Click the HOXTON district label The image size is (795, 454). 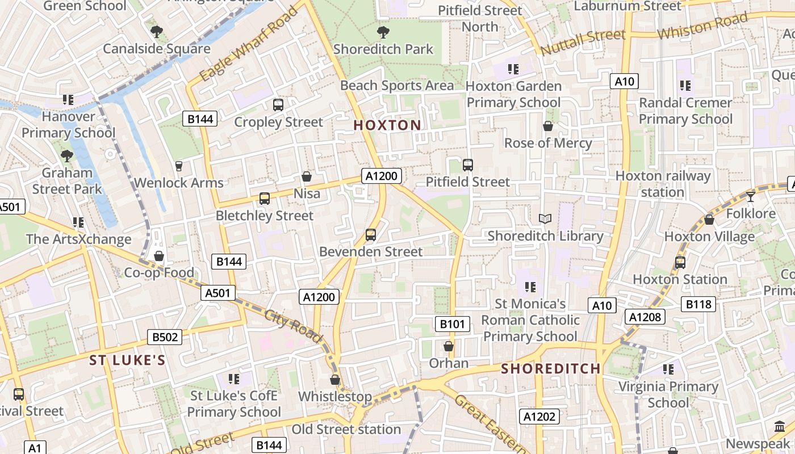pos(387,125)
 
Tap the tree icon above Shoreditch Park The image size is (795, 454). pos(383,32)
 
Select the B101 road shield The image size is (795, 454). pos(453,324)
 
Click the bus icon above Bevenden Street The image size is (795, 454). pos(371,234)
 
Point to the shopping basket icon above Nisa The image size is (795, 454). pos(307,176)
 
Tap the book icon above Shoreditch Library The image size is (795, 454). pos(545,218)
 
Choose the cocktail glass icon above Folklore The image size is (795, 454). pos(751,196)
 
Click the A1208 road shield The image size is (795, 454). pos(645,317)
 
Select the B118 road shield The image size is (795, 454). pos(698,304)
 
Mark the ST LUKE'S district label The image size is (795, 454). pos(128,360)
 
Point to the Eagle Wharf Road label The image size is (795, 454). pos(249,44)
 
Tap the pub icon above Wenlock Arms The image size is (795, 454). pos(179,166)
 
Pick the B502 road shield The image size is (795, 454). pos(165,337)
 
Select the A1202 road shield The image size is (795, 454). pos(539,417)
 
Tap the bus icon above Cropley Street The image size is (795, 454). pos(278,105)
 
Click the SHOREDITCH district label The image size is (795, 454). pos(551,369)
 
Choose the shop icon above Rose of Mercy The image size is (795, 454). pos(548,126)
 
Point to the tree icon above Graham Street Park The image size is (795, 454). pos(67,155)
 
